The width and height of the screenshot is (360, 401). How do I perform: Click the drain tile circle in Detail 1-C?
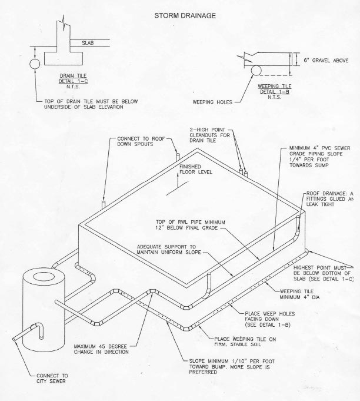pos(34,63)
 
